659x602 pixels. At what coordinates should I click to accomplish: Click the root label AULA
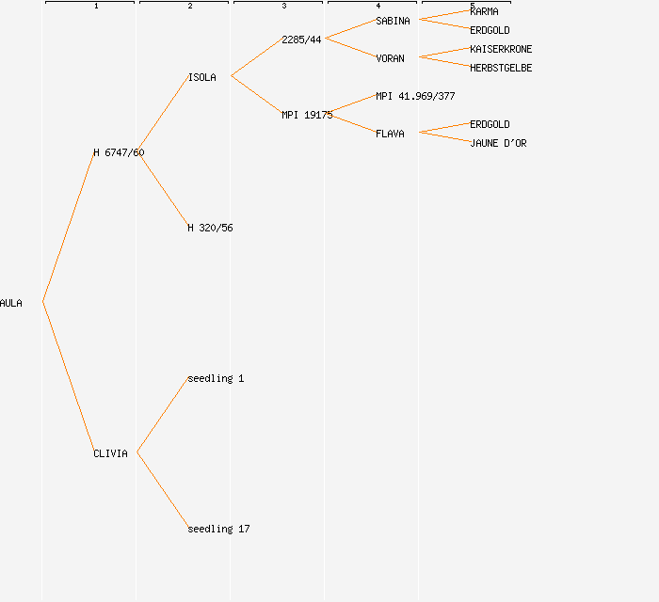pyautogui.click(x=11, y=303)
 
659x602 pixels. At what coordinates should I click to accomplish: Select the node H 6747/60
pyautogui.click(x=119, y=152)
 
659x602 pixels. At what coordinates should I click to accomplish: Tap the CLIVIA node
pyautogui.click(x=110, y=453)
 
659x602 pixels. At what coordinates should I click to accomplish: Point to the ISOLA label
pyautogui.click(x=201, y=77)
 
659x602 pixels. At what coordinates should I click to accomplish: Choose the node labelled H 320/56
pyautogui.click(x=210, y=228)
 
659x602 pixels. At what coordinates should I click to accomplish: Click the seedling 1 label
pyautogui.click(x=216, y=378)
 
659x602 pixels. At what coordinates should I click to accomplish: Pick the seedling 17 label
pyautogui.click(x=218, y=529)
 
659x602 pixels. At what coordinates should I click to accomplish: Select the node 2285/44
pyautogui.click(x=301, y=40)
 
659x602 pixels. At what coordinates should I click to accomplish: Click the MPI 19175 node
pyautogui.click(x=307, y=115)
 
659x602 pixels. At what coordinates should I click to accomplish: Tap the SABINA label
pyautogui.click(x=393, y=21)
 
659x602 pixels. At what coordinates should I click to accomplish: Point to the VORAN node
pyautogui.click(x=390, y=58)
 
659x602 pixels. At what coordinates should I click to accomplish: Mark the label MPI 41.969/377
pyautogui.click(x=415, y=96)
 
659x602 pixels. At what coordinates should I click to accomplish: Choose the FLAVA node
pyautogui.click(x=390, y=134)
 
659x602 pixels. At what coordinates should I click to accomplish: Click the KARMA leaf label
pyautogui.click(x=484, y=11)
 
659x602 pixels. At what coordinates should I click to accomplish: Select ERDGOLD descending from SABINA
pyautogui.click(x=490, y=30)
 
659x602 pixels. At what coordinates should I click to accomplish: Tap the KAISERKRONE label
pyautogui.click(x=501, y=49)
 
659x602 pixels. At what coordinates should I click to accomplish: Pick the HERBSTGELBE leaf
pyautogui.click(x=501, y=68)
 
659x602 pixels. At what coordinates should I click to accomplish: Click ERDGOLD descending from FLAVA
pyautogui.click(x=490, y=124)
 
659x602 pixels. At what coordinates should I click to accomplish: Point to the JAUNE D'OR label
pyautogui.click(x=498, y=143)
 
